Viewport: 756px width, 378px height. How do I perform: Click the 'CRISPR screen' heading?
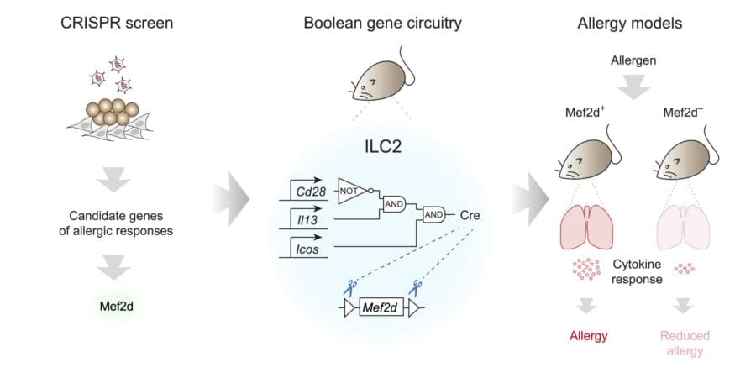click(117, 22)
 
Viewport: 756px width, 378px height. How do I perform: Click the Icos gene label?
click(297, 249)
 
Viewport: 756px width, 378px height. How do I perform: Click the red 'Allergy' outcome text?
click(588, 336)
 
